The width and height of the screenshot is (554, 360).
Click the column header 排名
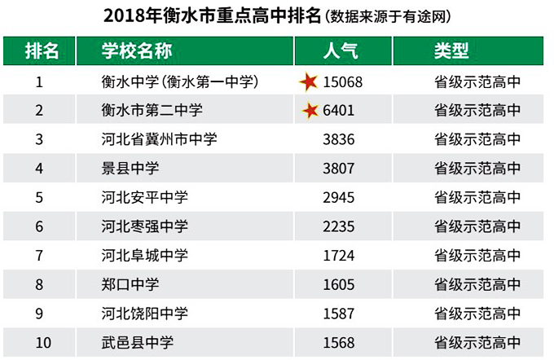[x=41, y=50]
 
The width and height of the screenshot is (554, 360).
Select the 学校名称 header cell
[x=136, y=50]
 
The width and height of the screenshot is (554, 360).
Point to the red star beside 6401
[x=310, y=111]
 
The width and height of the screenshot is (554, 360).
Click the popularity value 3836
[x=339, y=139]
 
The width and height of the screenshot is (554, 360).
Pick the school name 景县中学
[x=130, y=169]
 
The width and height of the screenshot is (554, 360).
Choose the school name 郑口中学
[x=130, y=284]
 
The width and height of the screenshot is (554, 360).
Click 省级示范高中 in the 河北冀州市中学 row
[x=477, y=139]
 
